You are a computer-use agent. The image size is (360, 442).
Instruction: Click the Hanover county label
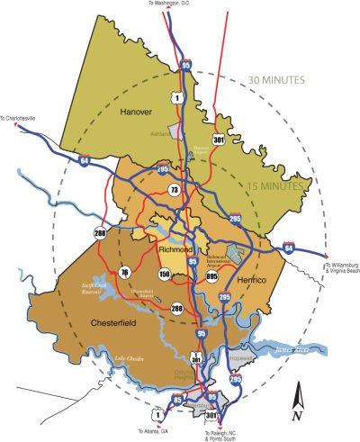coord(136,112)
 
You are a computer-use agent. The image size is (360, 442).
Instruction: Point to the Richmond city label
coord(176,249)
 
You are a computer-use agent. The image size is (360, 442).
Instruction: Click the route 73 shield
coord(174,190)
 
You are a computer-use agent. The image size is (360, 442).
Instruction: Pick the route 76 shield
coord(125,273)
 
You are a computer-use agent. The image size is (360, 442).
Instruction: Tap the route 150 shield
coord(165,274)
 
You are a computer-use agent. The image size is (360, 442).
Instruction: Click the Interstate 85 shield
coord(177,399)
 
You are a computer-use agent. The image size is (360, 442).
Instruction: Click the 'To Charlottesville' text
coord(22,117)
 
